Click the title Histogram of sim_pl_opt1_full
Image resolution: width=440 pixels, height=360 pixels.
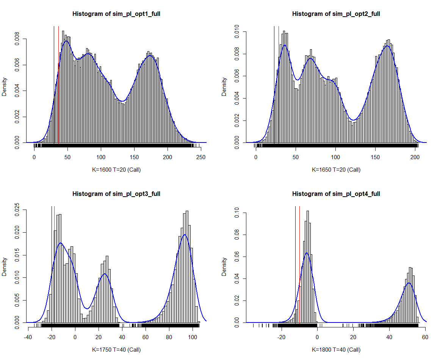click(116, 14)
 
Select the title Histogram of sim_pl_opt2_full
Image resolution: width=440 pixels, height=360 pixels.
click(336, 14)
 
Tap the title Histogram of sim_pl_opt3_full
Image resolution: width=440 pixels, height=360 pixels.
click(116, 194)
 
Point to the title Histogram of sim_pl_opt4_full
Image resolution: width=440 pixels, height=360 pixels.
click(336, 194)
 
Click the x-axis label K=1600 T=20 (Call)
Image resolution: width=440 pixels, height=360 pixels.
click(116, 170)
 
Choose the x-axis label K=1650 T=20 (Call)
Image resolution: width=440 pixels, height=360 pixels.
click(336, 170)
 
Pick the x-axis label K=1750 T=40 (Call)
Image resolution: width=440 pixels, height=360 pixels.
click(116, 350)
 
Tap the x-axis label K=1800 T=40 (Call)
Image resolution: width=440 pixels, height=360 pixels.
click(336, 350)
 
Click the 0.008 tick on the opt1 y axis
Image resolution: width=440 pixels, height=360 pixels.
click(17, 39)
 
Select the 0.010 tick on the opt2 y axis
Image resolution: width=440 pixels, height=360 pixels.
click(237, 32)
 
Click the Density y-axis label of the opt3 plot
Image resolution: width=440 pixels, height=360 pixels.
click(5, 266)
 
